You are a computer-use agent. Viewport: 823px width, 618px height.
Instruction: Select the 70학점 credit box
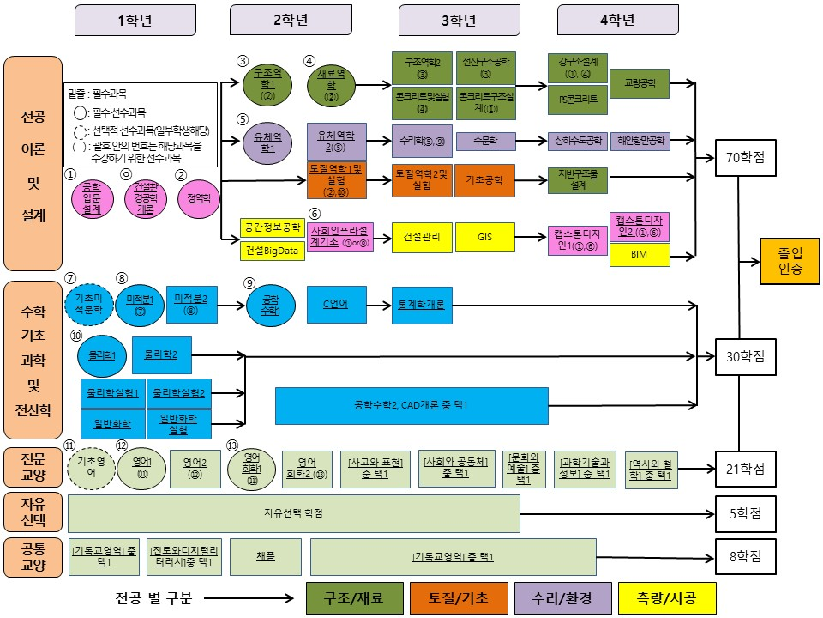745,158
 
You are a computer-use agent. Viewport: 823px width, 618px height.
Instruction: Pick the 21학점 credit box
745,469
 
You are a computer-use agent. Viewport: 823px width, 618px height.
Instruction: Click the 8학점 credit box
745,556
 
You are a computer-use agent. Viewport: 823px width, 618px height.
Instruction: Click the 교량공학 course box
640,83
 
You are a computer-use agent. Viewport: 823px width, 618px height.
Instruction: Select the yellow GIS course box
484,238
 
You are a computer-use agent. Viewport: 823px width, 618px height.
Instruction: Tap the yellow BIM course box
640,255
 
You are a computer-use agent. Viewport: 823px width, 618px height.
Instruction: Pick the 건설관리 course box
422,238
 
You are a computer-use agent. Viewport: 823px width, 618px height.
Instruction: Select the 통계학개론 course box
421,305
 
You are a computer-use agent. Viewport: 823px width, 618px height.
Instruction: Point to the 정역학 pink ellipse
198,198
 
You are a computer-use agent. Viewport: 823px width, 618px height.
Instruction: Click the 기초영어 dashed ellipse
90,466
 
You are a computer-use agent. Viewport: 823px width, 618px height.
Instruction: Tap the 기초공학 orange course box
484,180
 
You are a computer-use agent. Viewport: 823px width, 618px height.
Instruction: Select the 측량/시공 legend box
664,597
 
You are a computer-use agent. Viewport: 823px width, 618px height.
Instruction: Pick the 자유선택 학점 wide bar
294,513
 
